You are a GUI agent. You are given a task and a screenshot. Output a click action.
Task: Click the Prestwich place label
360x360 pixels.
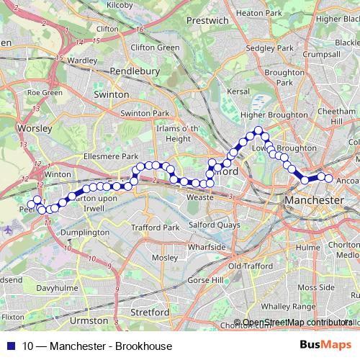tap(207, 21)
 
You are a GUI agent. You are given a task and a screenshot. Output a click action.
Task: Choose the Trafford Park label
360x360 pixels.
tap(155, 228)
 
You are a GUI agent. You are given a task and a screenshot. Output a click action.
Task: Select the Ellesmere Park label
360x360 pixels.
tap(109, 156)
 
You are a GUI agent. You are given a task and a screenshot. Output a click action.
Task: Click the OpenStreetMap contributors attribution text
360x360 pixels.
tap(297, 323)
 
